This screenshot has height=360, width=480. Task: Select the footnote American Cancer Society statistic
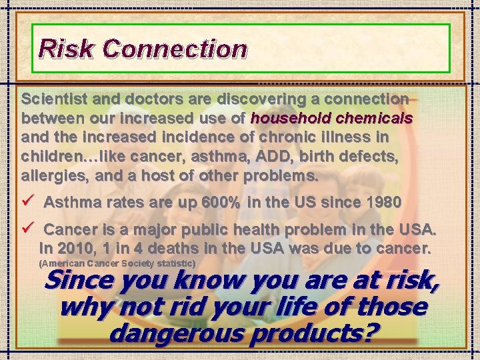pyautogui.click(x=118, y=264)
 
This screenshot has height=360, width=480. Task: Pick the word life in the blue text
pyautogui.click(x=259, y=307)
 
